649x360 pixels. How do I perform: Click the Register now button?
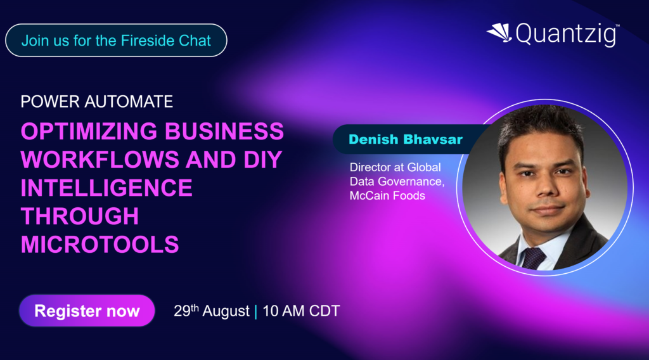87,311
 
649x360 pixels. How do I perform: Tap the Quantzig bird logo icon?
499,32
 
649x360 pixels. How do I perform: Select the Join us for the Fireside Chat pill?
116,40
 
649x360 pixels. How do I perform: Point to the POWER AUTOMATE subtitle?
97,102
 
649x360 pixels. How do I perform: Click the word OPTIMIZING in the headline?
89,131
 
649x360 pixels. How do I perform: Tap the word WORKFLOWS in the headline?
100,160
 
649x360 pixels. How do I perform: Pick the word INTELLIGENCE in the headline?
106,188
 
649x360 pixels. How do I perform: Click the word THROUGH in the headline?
80,216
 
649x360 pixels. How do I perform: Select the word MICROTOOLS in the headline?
100,245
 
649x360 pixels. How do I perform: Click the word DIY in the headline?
263,160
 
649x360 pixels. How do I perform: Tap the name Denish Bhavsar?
406,139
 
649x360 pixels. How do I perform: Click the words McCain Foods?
387,196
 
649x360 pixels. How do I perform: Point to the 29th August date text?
212,311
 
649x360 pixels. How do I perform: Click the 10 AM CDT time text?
301,311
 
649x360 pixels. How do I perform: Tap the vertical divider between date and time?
256,311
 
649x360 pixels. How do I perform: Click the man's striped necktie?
533,258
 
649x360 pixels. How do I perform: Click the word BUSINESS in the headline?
224,131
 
